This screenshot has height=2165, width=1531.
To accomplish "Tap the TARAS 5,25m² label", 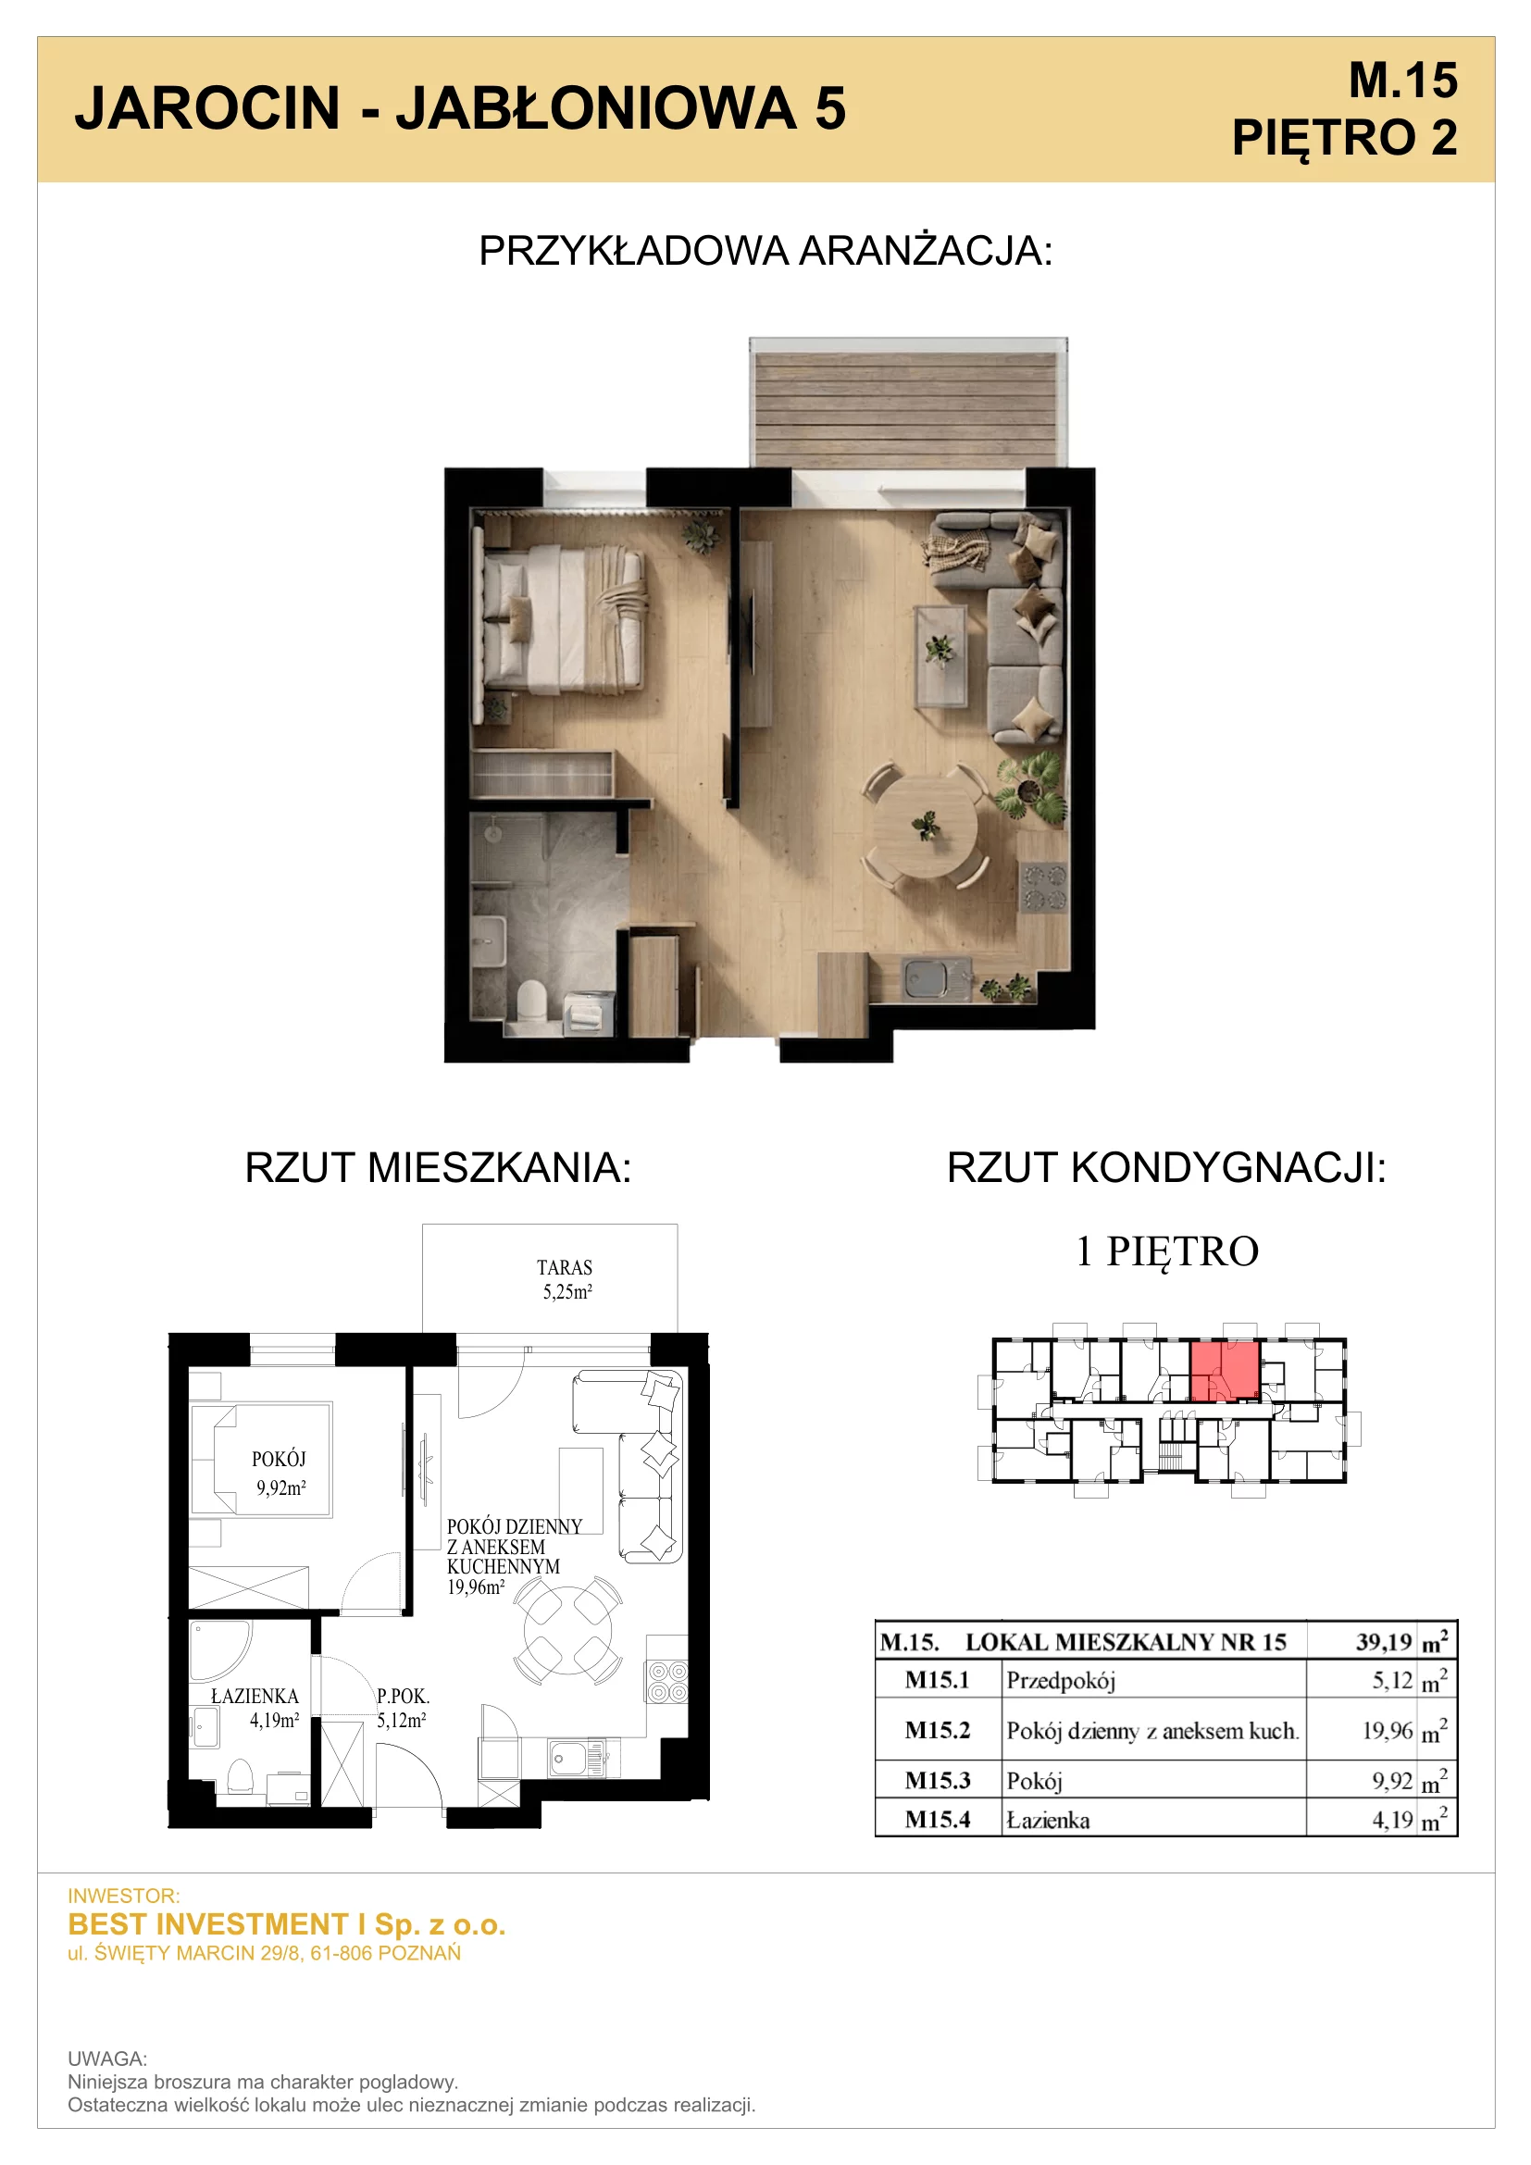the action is click(566, 1279).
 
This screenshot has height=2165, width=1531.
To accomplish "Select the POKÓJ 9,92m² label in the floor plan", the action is click(280, 1473).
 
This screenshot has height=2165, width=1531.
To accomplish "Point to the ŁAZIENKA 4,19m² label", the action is click(255, 1708).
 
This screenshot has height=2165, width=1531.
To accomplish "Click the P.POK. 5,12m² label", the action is click(403, 1708).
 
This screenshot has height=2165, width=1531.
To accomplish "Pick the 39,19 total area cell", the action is click(1383, 1642).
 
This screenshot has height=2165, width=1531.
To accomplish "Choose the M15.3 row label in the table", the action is click(937, 1780).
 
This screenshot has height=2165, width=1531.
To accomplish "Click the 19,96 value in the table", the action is click(1388, 1730).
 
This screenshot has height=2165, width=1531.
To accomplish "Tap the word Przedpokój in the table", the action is click(1061, 1680).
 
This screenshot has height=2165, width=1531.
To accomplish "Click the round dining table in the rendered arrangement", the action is click(924, 826).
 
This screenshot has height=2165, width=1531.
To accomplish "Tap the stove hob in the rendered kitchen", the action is click(1043, 889).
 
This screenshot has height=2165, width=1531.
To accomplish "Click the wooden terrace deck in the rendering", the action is click(907, 408).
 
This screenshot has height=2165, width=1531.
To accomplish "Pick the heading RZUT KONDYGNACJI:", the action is click(1166, 1167).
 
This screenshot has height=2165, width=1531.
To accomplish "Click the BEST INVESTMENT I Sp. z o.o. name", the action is click(287, 1923).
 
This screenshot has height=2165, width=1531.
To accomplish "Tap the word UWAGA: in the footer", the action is click(107, 2059).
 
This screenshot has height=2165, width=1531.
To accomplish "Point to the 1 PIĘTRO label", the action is click(1167, 1251).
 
